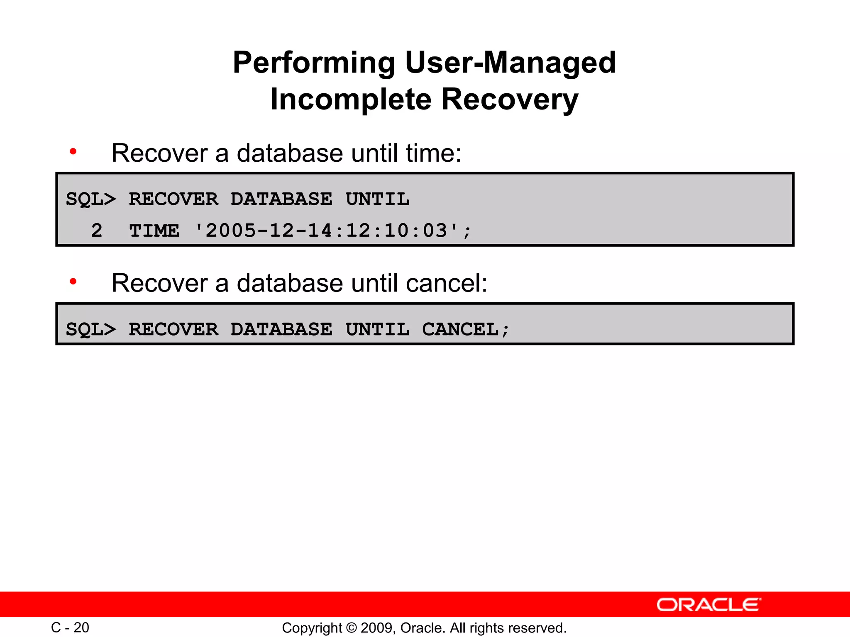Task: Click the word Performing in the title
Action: pyautogui.click(x=313, y=63)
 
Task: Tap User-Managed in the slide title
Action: pyautogui.click(x=510, y=63)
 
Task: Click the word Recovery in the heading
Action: pyautogui.click(x=509, y=100)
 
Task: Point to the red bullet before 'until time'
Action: pyautogui.click(x=73, y=152)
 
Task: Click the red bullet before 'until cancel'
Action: pyautogui.click(x=73, y=282)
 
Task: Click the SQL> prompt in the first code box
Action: pyautogui.click(x=91, y=199)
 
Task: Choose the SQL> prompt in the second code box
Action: pyautogui.click(x=91, y=330)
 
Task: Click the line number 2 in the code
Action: pyautogui.click(x=97, y=231)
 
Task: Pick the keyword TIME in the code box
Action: pyautogui.click(x=154, y=231)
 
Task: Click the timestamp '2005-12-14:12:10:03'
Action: pyautogui.click(x=326, y=231)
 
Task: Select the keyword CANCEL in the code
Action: pyautogui.click(x=460, y=330)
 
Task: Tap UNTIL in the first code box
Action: pyautogui.click(x=377, y=199)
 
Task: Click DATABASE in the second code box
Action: pyautogui.click(x=281, y=330)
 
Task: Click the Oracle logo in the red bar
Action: pyautogui.click(x=708, y=605)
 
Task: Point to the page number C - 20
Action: pyautogui.click(x=70, y=627)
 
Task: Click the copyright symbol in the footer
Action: pyautogui.click(x=351, y=628)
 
